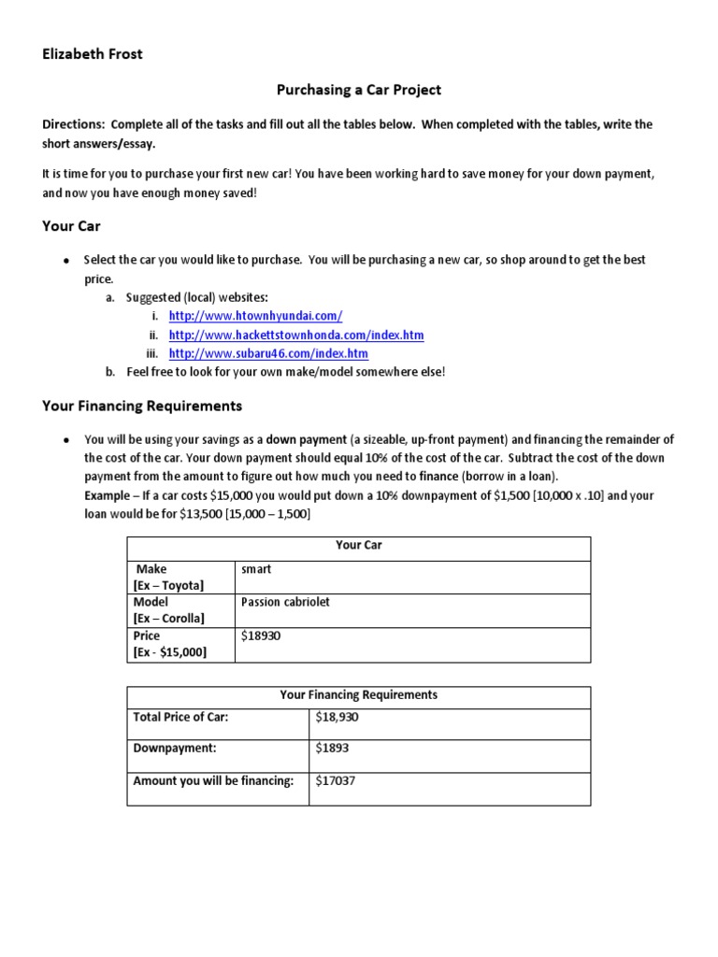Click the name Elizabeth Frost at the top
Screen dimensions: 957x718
tap(93, 54)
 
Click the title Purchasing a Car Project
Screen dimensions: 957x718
tap(358, 90)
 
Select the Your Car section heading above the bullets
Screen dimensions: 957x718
tap(71, 225)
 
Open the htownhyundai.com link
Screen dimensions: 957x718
tap(249, 316)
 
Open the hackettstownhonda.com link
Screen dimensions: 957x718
tap(296, 335)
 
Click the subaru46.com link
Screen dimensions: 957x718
tap(268, 353)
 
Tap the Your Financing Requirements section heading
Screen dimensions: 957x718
tap(142, 406)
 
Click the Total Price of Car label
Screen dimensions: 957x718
tap(180, 717)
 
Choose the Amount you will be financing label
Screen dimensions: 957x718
tap(213, 780)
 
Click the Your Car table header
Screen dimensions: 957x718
tap(358, 545)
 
